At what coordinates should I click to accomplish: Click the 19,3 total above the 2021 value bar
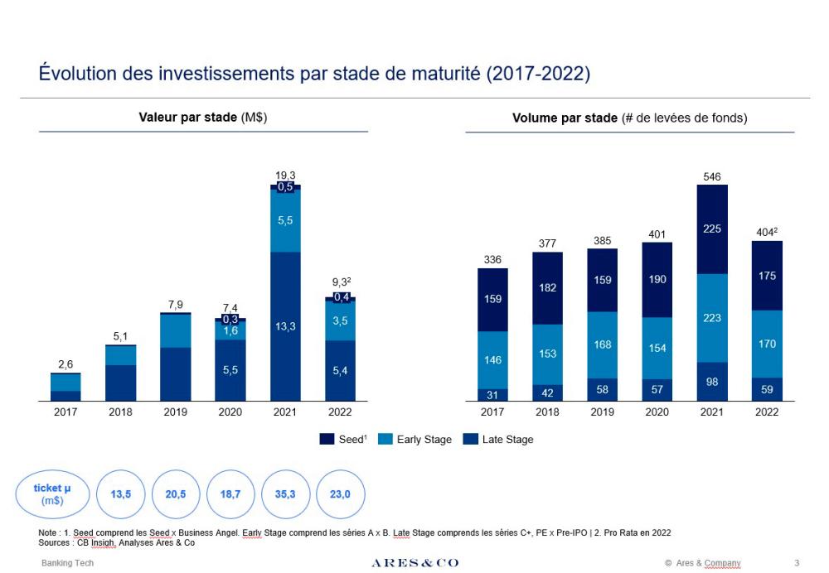pyautogui.click(x=285, y=175)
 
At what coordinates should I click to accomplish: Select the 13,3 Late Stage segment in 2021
pyautogui.click(x=285, y=326)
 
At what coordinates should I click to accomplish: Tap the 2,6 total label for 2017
pyautogui.click(x=65, y=364)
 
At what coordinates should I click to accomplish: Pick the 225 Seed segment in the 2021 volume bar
pyautogui.click(x=712, y=229)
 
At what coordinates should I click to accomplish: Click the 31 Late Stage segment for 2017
pyautogui.click(x=492, y=395)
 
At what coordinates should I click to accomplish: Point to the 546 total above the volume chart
pyautogui.click(x=712, y=176)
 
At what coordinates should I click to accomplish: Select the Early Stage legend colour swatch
pyautogui.click(x=385, y=440)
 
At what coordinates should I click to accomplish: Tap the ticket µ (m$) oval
pyautogui.click(x=52, y=494)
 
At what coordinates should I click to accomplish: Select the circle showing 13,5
pyautogui.click(x=121, y=494)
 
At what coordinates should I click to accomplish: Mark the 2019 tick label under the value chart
pyautogui.click(x=175, y=412)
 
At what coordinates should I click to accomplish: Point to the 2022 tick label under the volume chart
pyautogui.click(x=767, y=412)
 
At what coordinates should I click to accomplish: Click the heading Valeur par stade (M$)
pyautogui.click(x=202, y=118)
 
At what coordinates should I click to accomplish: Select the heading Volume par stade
pyautogui.click(x=629, y=118)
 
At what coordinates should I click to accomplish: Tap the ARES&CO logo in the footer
pyautogui.click(x=414, y=563)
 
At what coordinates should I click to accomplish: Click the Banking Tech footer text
pyautogui.click(x=68, y=563)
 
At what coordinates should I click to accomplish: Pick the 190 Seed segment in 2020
pyautogui.click(x=657, y=280)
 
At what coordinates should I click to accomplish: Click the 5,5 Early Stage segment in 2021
pyautogui.click(x=285, y=220)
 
